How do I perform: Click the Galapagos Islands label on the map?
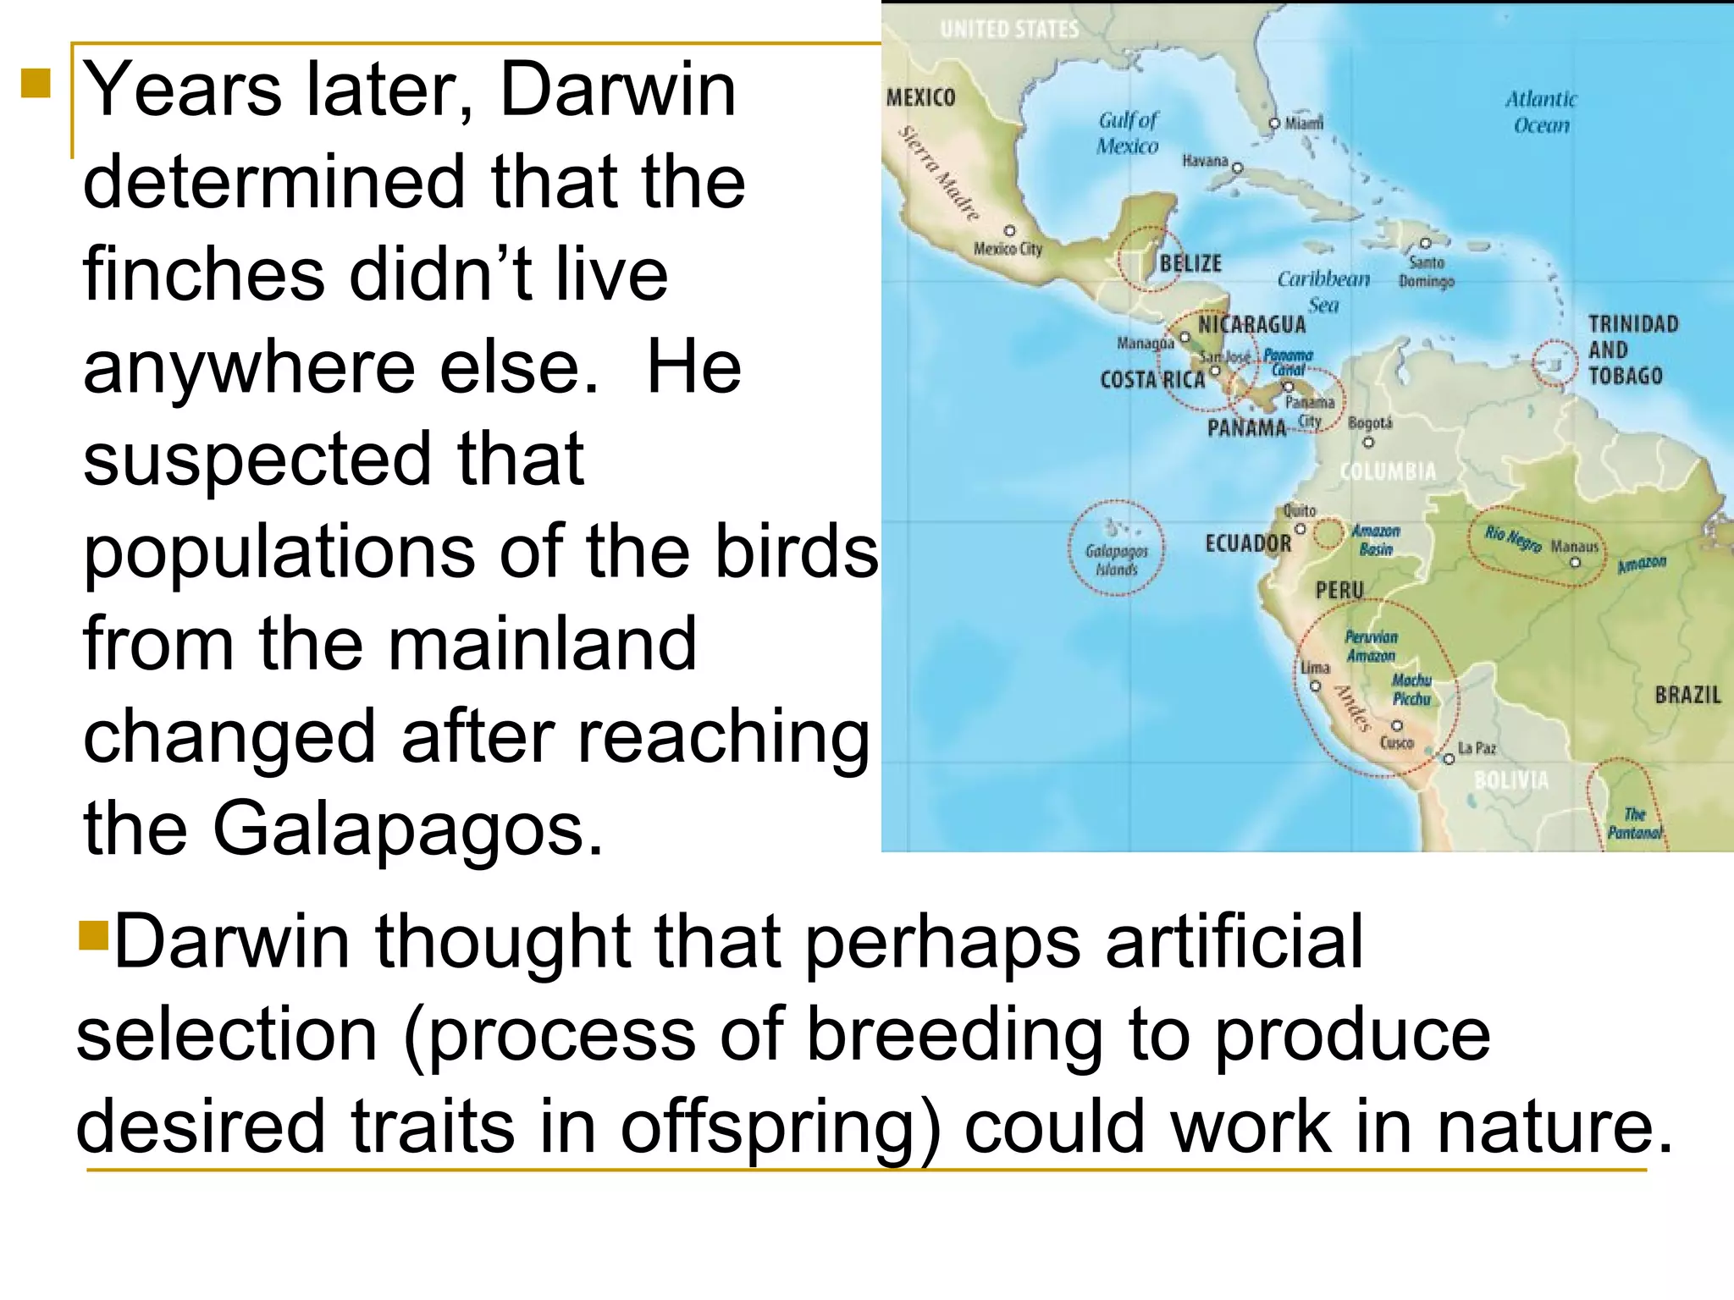tap(1116, 560)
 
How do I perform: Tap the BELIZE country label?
tap(1190, 264)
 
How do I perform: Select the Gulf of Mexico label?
tap(1128, 133)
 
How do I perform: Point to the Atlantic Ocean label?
tap(1541, 112)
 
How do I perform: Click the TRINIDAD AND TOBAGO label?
tap(1632, 350)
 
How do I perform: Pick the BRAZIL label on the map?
tap(1687, 695)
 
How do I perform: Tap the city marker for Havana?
tap(1237, 168)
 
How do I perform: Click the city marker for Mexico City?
tap(1009, 230)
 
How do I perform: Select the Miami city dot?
tap(1274, 124)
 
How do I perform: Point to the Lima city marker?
tap(1315, 686)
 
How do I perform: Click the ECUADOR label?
tap(1248, 543)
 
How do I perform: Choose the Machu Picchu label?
tap(1411, 690)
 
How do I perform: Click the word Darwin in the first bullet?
tap(618, 90)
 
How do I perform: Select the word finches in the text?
tap(203, 274)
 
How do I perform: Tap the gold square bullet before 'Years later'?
tap(36, 84)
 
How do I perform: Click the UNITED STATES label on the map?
tap(1009, 30)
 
